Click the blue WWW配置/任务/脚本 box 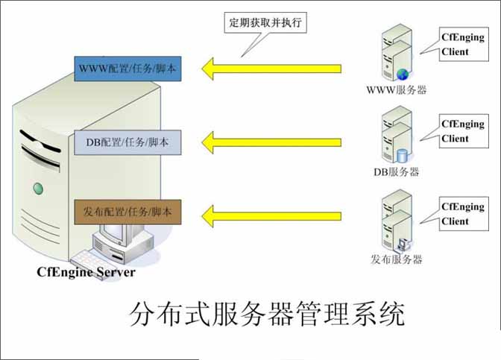click(x=127, y=69)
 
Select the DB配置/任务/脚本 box click(x=127, y=142)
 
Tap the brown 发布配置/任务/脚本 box click(x=127, y=212)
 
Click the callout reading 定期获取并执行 click(x=265, y=22)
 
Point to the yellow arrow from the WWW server click(x=271, y=69)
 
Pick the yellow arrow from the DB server click(x=271, y=142)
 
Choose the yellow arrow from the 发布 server click(x=271, y=216)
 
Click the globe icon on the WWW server click(x=403, y=74)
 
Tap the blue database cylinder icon click(x=403, y=156)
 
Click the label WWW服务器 click(x=396, y=90)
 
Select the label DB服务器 click(x=396, y=172)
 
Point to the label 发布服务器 click(x=396, y=259)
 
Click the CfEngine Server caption click(x=86, y=272)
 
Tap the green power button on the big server click(x=38, y=189)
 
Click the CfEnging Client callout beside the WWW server click(x=464, y=44)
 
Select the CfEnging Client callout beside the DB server click(x=464, y=131)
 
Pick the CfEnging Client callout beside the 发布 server click(x=464, y=214)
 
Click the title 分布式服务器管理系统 click(x=267, y=313)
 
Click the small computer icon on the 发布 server click(x=402, y=245)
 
